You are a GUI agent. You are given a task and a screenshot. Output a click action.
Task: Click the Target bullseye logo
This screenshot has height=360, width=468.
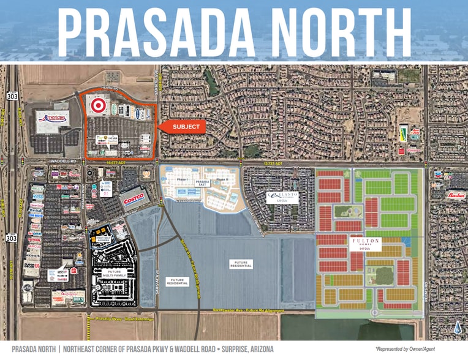click(97, 105)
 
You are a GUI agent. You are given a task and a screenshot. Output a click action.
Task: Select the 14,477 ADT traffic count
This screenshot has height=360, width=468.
click(115, 163)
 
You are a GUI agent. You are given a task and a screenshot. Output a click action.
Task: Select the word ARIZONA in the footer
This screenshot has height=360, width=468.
click(253, 349)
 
